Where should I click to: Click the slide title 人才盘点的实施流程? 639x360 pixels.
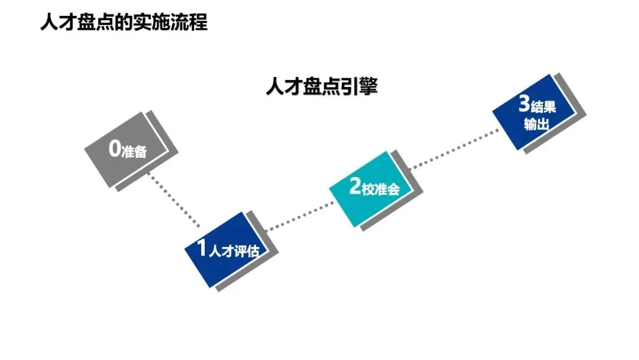point(124,22)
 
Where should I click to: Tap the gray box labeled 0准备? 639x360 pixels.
point(127,149)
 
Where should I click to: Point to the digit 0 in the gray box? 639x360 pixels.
point(115,149)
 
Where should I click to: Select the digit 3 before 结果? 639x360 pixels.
point(524,105)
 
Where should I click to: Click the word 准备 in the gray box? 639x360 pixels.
point(134,152)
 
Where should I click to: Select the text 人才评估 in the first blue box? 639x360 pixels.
point(234,250)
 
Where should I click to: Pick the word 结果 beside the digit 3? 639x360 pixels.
point(544,107)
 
